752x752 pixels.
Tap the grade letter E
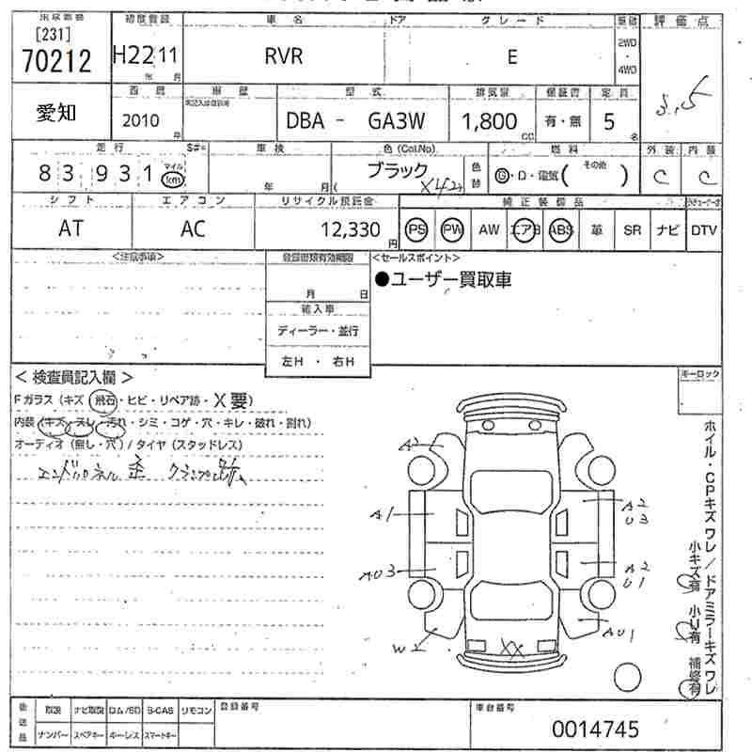click(512, 56)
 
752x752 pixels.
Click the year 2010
click(141, 120)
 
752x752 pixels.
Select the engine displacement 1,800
click(489, 120)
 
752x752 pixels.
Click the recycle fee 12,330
click(349, 229)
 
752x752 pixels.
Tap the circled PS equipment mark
click(416, 229)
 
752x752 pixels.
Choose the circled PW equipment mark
click(453, 229)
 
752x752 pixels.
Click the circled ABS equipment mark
click(561, 229)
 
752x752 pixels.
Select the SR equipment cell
click(632, 229)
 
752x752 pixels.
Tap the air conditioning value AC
click(193, 229)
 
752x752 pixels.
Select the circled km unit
click(171, 177)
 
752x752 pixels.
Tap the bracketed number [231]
click(41, 34)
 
